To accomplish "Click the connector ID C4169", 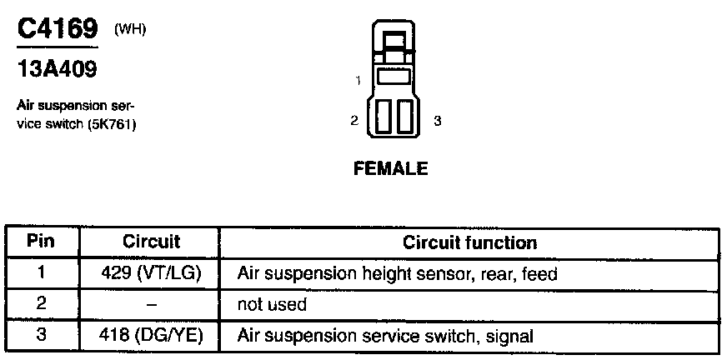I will tap(58, 31).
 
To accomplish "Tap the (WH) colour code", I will tap(130, 31).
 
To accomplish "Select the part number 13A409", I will tap(57, 71).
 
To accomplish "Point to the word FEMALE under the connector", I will tap(391, 168).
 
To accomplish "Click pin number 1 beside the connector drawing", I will tap(357, 81).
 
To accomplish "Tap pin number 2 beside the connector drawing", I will tap(354, 121).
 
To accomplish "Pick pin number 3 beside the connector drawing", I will tap(438, 121).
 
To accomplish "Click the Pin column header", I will tap(42, 242).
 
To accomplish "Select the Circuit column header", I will tap(151, 242).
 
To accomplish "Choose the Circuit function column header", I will tap(469, 242).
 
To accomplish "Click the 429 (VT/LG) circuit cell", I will tap(152, 273).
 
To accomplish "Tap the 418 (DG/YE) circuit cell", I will tap(152, 336).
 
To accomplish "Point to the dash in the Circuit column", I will tap(151, 305).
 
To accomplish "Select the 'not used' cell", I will tap(272, 305).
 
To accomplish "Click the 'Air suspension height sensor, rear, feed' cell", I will tap(397, 273).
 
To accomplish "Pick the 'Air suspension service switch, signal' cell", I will tap(385, 336).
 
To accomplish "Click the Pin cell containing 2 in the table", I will tap(42, 305).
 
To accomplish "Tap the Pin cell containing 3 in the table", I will tap(42, 336).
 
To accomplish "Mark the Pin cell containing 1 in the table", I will tap(42, 273).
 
